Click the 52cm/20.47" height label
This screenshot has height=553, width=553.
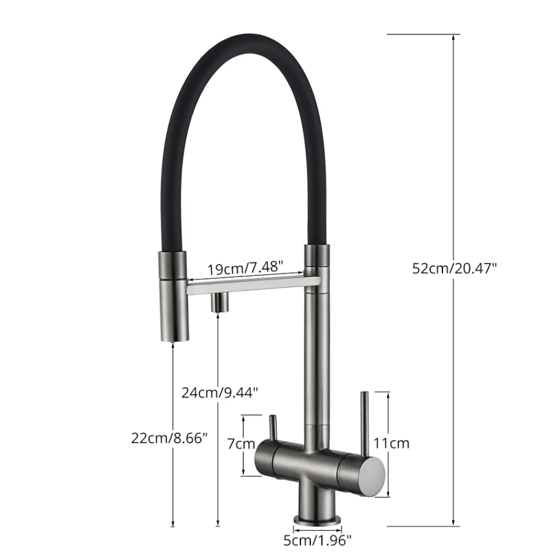coord(454,269)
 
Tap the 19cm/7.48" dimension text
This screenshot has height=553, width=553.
coord(245,269)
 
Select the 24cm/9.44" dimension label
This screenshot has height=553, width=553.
coord(220,392)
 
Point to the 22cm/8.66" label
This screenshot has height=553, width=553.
coord(170,438)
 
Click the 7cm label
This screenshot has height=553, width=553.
coord(241,444)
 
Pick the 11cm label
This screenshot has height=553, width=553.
coord(391,443)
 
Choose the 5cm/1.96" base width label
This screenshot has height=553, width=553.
coord(318,540)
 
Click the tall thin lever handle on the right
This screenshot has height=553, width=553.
coord(364,424)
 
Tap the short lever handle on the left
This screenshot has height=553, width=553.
coord(273,428)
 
